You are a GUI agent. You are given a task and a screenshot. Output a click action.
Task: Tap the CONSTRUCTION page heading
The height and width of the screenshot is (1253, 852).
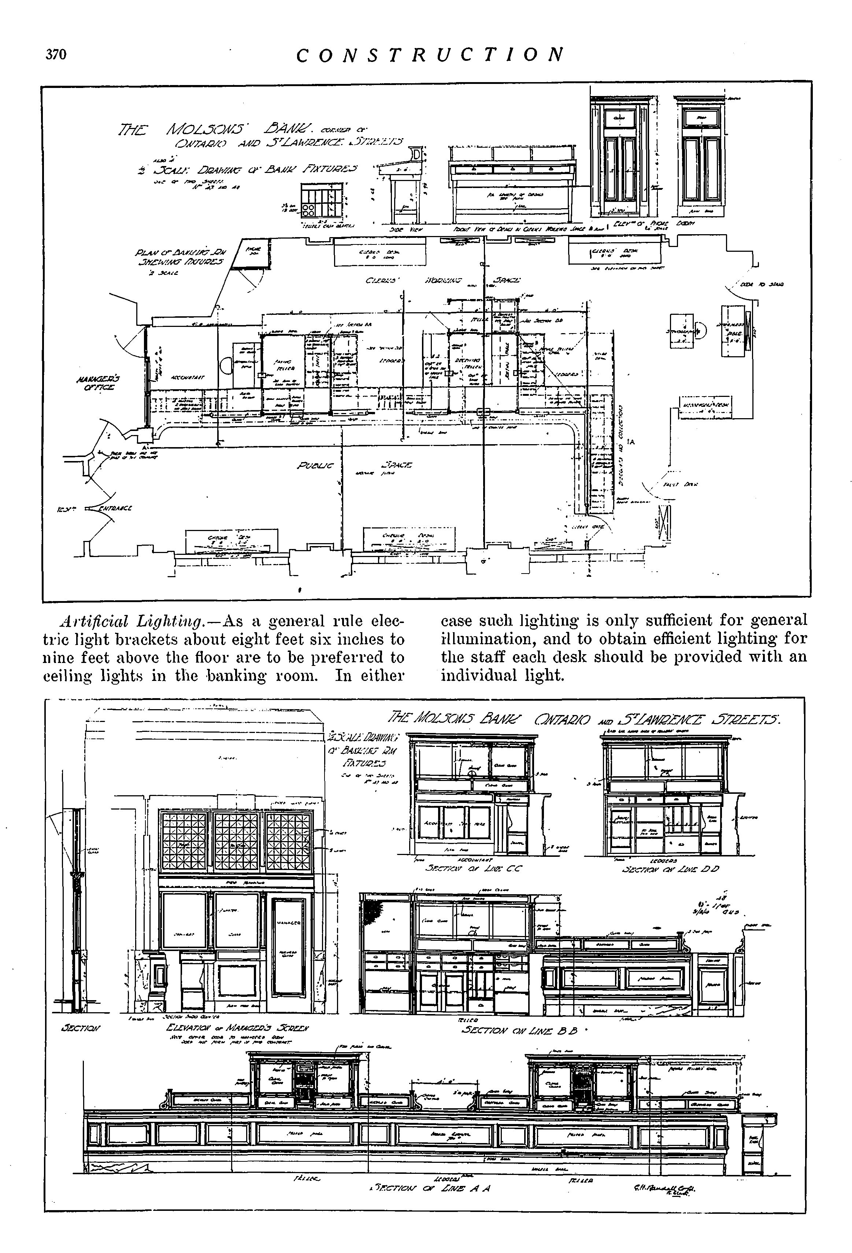[x=430, y=55]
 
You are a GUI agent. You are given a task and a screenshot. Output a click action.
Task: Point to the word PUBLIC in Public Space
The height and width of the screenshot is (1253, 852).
[x=315, y=465]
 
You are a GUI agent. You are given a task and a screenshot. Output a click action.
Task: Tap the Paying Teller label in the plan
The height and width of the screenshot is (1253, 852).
[x=282, y=365]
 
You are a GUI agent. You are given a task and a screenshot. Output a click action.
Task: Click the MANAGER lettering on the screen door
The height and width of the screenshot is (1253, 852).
[x=291, y=924]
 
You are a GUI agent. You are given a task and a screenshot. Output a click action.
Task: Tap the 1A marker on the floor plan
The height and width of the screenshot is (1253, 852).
[x=631, y=442]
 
